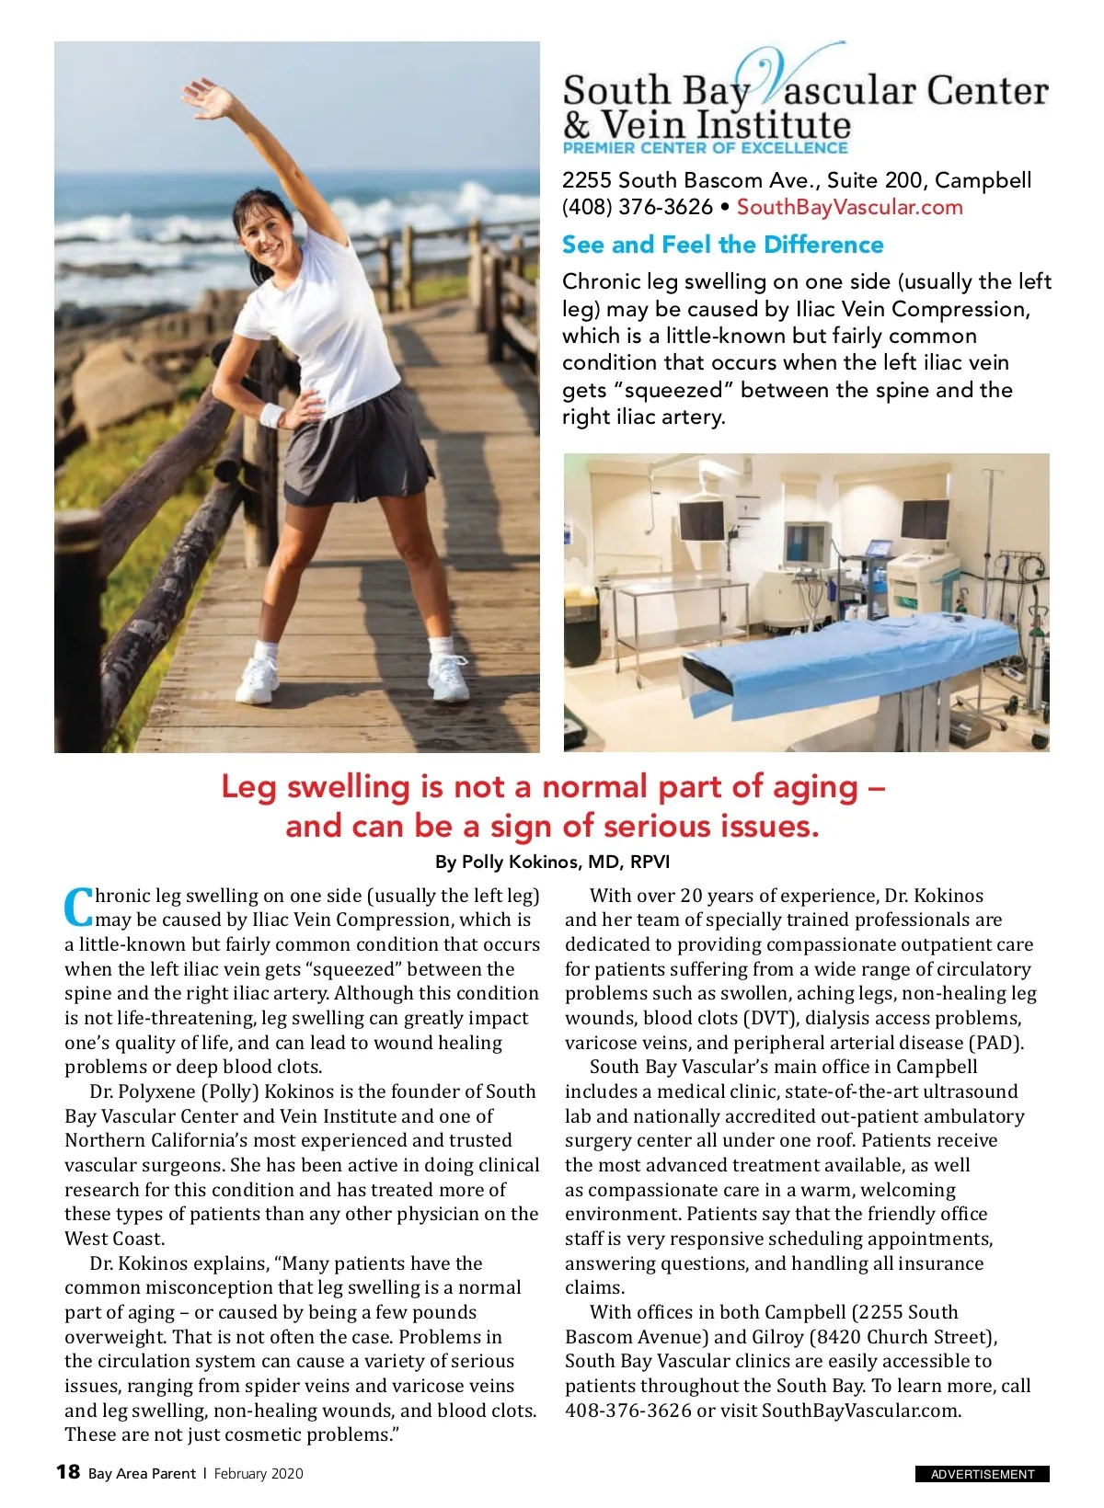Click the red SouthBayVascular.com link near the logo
849,207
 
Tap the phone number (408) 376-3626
637,207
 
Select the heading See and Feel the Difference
722,245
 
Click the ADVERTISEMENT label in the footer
982,1474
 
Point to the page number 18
68,1472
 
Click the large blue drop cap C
78,908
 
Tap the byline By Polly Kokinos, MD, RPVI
552,862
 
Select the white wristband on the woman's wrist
272,415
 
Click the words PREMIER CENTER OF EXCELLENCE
705,147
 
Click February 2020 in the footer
258,1473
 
